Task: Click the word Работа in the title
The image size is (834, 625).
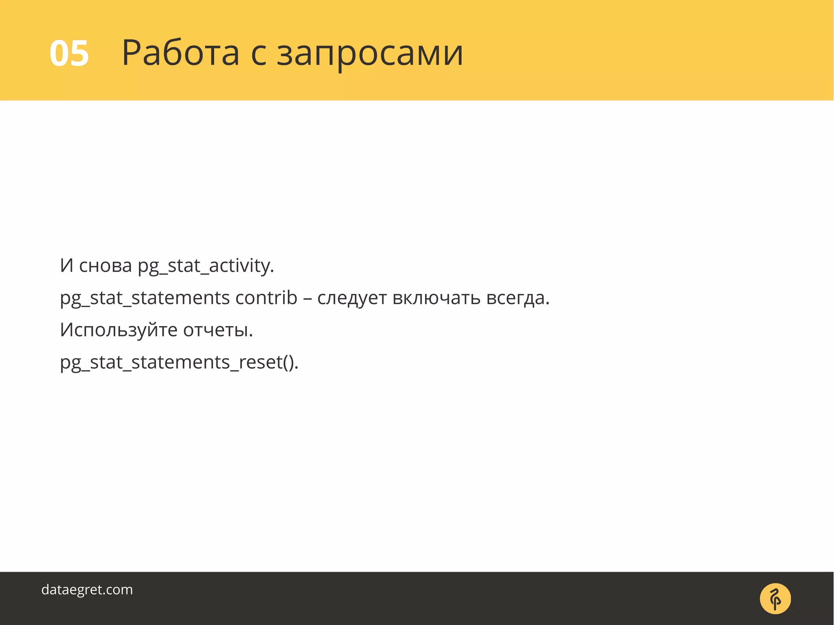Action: click(180, 53)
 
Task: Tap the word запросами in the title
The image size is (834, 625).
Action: click(370, 54)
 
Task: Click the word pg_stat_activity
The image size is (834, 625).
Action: click(206, 266)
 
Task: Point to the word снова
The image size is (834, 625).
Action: click(105, 266)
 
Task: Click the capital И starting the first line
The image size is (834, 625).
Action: click(67, 266)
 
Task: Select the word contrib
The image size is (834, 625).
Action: click(266, 298)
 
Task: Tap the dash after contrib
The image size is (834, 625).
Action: click(307, 299)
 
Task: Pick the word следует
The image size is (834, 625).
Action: click(352, 298)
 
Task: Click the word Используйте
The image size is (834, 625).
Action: click(119, 330)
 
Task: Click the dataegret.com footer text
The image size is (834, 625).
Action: click(87, 590)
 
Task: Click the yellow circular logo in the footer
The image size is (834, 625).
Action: click(775, 599)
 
